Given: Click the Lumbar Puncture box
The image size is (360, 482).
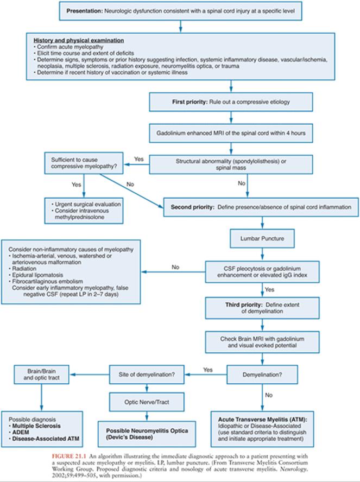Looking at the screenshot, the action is (262, 238).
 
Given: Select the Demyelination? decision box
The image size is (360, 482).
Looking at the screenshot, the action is (262, 375).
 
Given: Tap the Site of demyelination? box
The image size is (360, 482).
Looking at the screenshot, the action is (147, 375).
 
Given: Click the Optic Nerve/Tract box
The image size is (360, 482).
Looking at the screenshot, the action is (147, 402).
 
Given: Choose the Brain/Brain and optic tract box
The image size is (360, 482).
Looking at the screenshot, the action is (41, 375).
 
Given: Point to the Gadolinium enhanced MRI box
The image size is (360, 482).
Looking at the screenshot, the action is (231, 134).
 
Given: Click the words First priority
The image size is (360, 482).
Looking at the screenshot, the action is (190, 102).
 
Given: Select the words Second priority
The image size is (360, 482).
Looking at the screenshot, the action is (192, 207).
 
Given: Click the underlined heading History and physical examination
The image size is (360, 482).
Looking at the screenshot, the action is (79, 41).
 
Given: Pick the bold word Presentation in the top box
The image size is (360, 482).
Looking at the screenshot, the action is (85, 11).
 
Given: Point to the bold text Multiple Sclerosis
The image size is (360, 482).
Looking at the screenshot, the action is (36, 426).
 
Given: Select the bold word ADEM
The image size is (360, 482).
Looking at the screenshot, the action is (21, 432).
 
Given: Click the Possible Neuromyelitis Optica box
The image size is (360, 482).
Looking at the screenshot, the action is (147, 434).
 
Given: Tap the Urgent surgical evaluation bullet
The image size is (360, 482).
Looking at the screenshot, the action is (88, 204).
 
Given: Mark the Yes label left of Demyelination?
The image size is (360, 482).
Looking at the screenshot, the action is (208, 370).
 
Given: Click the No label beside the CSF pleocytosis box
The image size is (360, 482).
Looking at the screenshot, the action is (175, 267).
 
